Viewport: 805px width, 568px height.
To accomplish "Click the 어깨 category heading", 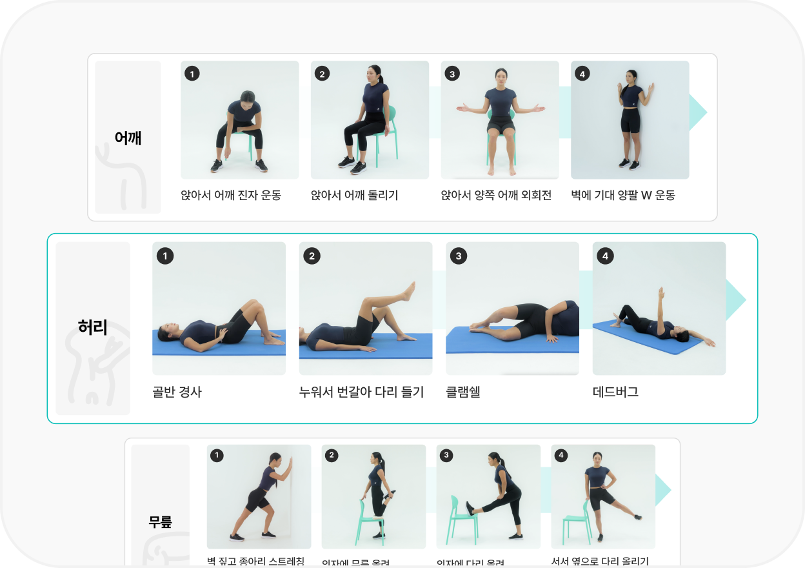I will [x=128, y=137].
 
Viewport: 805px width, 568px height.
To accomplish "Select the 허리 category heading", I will [x=93, y=327].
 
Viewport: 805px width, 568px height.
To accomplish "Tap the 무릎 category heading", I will [x=160, y=522].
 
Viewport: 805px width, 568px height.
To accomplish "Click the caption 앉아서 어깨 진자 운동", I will [x=231, y=195].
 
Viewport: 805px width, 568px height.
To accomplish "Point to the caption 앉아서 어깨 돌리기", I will [x=354, y=195].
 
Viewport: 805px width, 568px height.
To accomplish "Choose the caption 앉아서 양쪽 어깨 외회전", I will [x=496, y=195].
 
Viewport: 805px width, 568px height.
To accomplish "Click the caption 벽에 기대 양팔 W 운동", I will [x=622, y=195].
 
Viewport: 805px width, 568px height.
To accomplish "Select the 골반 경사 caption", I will [x=177, y=392].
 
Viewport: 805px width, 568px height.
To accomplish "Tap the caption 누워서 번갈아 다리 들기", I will [x=361, y=392].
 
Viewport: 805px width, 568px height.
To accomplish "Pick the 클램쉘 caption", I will [x=463, y=392].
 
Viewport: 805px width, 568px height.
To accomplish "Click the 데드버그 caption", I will [x=615, y=392].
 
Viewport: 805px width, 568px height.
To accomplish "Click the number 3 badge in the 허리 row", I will [x=458, y=256].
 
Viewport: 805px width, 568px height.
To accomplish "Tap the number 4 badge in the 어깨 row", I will [x=582, y=74].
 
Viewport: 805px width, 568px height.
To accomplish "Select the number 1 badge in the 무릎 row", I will [x=217, y=456].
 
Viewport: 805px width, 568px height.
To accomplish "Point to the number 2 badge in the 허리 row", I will [x=312, y=256].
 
